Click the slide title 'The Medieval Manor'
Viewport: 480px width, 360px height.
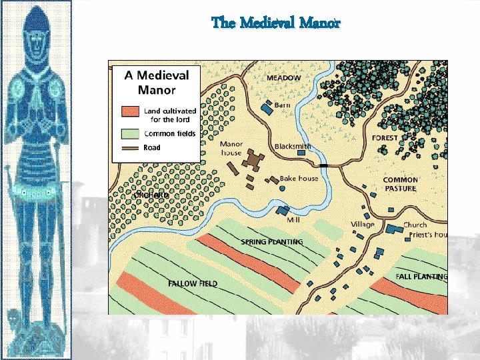pyautogui.click(x=276, y=23)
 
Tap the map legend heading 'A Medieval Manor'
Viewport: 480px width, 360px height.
pyautogui.click(x=157, y=83)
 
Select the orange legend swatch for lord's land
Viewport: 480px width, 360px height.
pyautogui.click(x=131, y=111)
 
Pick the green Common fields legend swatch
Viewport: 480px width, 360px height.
pyautogui.click(x=131, y=133)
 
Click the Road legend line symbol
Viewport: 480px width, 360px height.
pyautogui.click(x=131, y=148)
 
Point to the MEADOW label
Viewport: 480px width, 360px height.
pyautogui.click(x=284, y=78)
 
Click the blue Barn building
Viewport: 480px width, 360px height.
pyautogui.click(x=267, y=107)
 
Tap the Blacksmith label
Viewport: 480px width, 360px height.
pyautogui.click(x=293, y=146)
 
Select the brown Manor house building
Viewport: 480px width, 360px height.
pyautogui.click(x=253, y=159)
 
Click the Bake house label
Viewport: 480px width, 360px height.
pyautogui.click(x=299, y=179)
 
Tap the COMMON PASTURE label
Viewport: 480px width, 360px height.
pyautogui.click(x=401, y=184)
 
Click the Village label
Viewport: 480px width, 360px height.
pyautogui.click(x=363, y=225)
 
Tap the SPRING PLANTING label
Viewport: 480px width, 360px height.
pyautogui.click(x=271, y=241)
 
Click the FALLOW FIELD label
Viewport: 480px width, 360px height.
pyautogui.click(x=193, y=283)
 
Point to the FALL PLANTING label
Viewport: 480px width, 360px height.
pyautogui.click(x=421, y=276)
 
